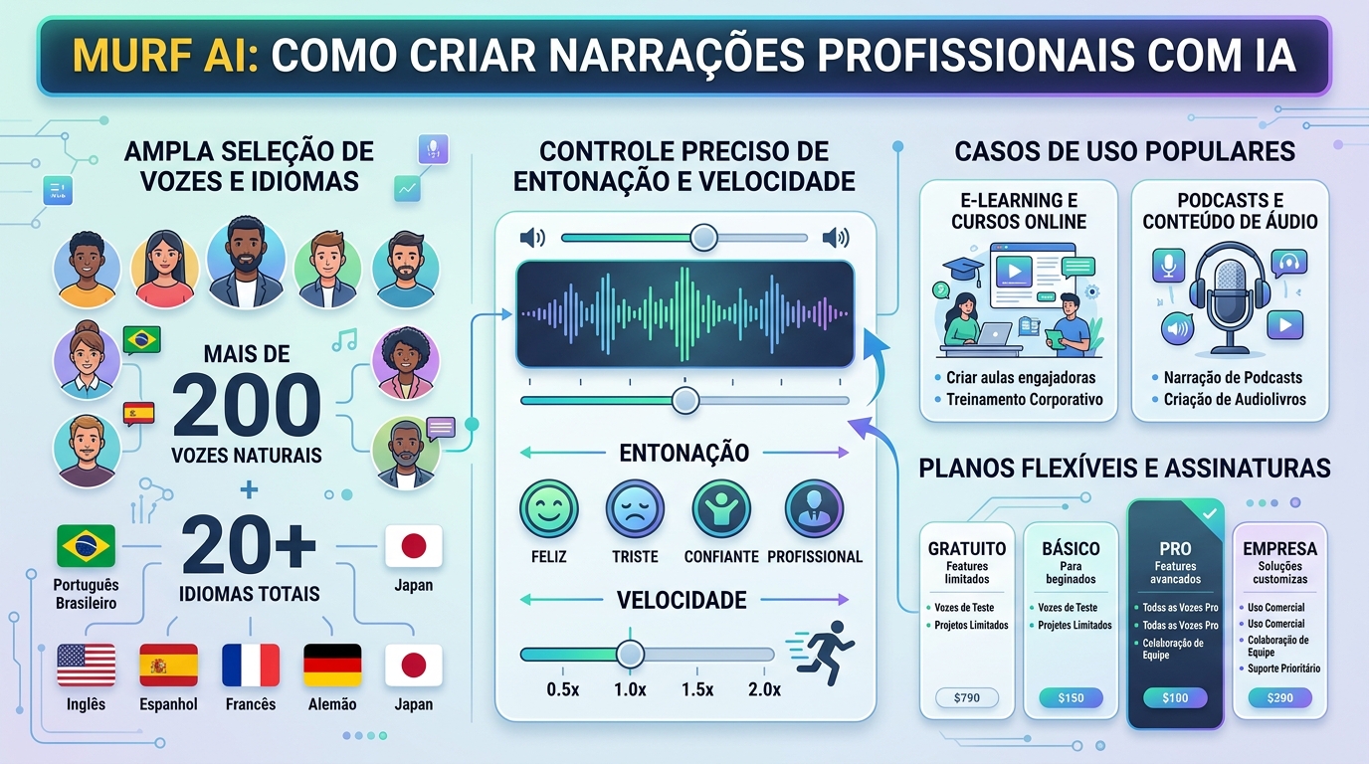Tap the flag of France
pyautogui.click(x=250, y=665)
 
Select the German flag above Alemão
pyautogui.click(x=332, y=665)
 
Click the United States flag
pyautogui.click(x=87, y=665)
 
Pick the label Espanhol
pyautogui.click(x=168, y=704)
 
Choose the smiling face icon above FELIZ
pyautogui.click(x=549, y=509)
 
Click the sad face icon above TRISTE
pyautogui.click(x=634, y=509)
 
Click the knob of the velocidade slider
pyautogui.click(x=629, y=654)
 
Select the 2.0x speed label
pyautogui.click(x=764, y=690)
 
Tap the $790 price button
pyautogui.click(x=966, y=697)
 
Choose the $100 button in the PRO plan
pyautogui.click(x=1175, y=697)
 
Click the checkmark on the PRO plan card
pyautogui.click(x=1209, y=514)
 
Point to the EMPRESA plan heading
pyautogui.click(x=1279, y=549)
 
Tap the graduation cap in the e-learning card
pyautogui.click(x=962, y=268)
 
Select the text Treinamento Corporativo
pyautogui.click(x=1025, y=400)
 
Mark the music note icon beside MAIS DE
pyautogui.click(x=344, y=340)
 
